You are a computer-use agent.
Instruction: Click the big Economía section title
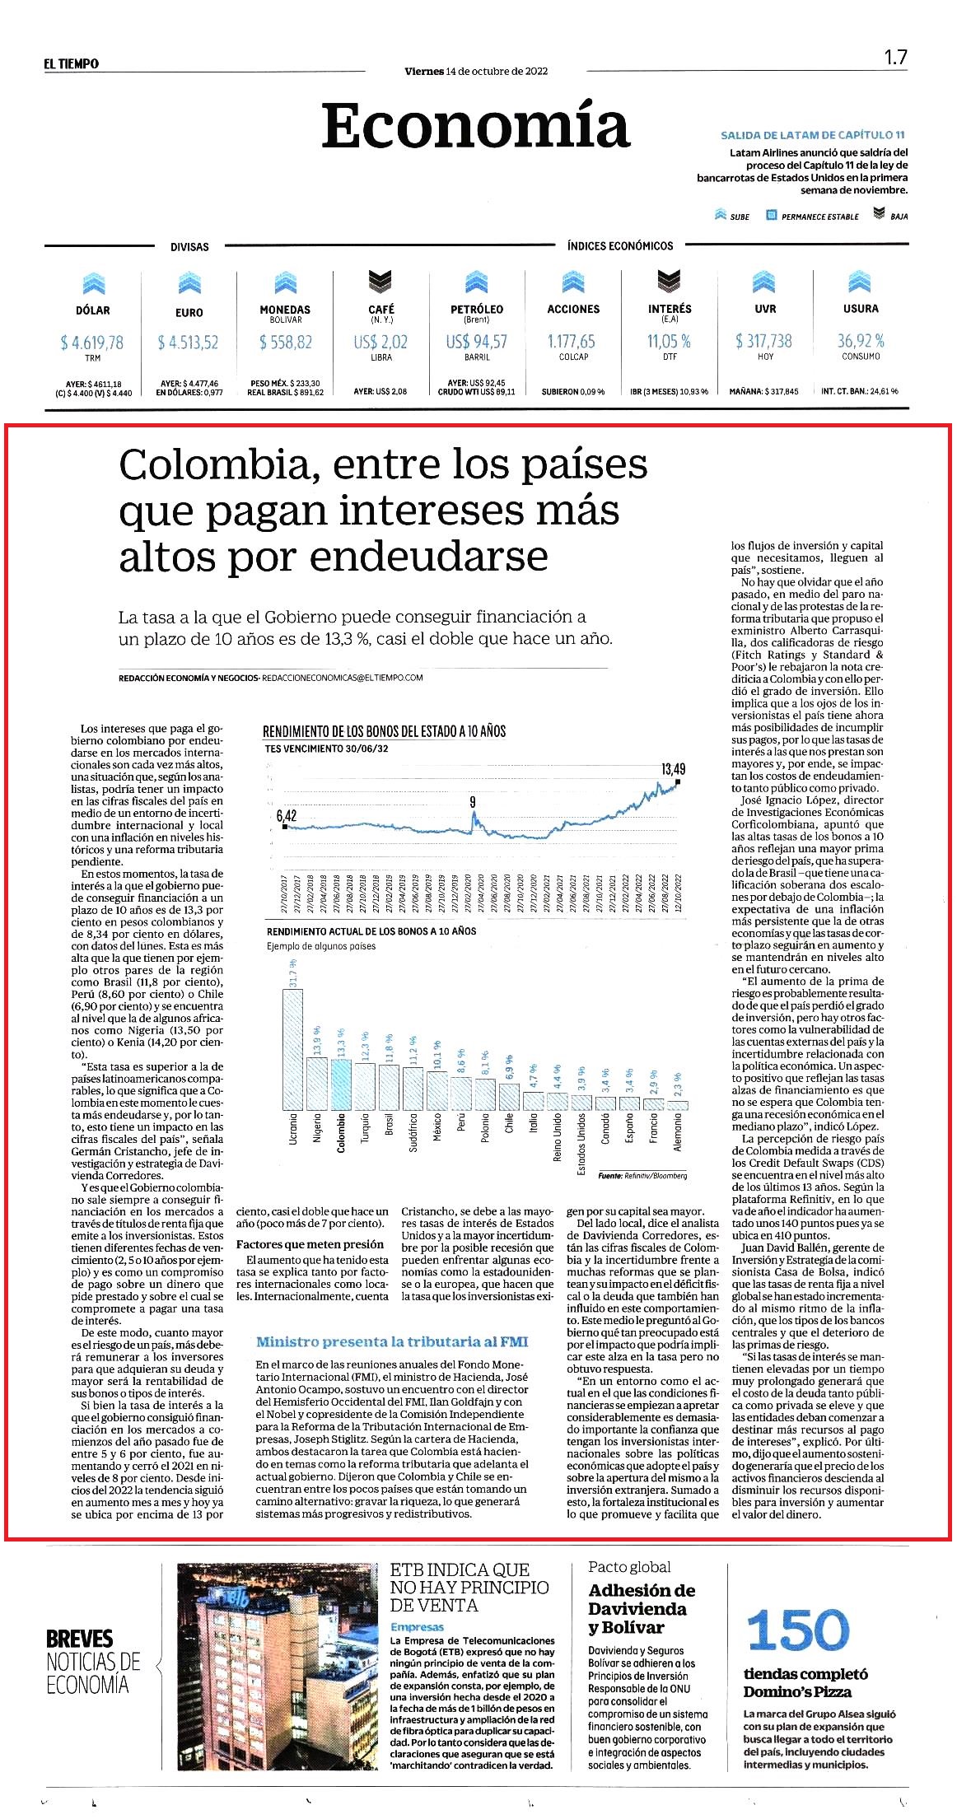tap(475, 125)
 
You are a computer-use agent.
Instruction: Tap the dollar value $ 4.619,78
tap(92, 342)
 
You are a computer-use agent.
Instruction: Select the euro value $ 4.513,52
tap(189, 342)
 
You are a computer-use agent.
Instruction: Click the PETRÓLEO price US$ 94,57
tap(477, 341)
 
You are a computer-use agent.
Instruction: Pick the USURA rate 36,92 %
tap(861, 340)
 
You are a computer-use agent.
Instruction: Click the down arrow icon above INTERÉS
tap(670, 281)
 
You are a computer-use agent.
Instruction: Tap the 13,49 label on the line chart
tap(673, 768)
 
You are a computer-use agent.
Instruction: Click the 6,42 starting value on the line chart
tap(286, 815)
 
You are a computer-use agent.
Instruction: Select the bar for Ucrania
tap(292, 1048)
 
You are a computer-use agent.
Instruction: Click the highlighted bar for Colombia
tap(341, 1084)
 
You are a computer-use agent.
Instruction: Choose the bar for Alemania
tap(678, 1105)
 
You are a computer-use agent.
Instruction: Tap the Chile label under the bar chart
tap(509, 1124)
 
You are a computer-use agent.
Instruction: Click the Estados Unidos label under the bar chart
tap(581, 1145)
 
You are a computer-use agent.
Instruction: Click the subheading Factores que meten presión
tap(310, 1243)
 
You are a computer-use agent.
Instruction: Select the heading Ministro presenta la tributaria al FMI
tap(392, 1341)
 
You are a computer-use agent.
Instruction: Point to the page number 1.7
tap(895, 57)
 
